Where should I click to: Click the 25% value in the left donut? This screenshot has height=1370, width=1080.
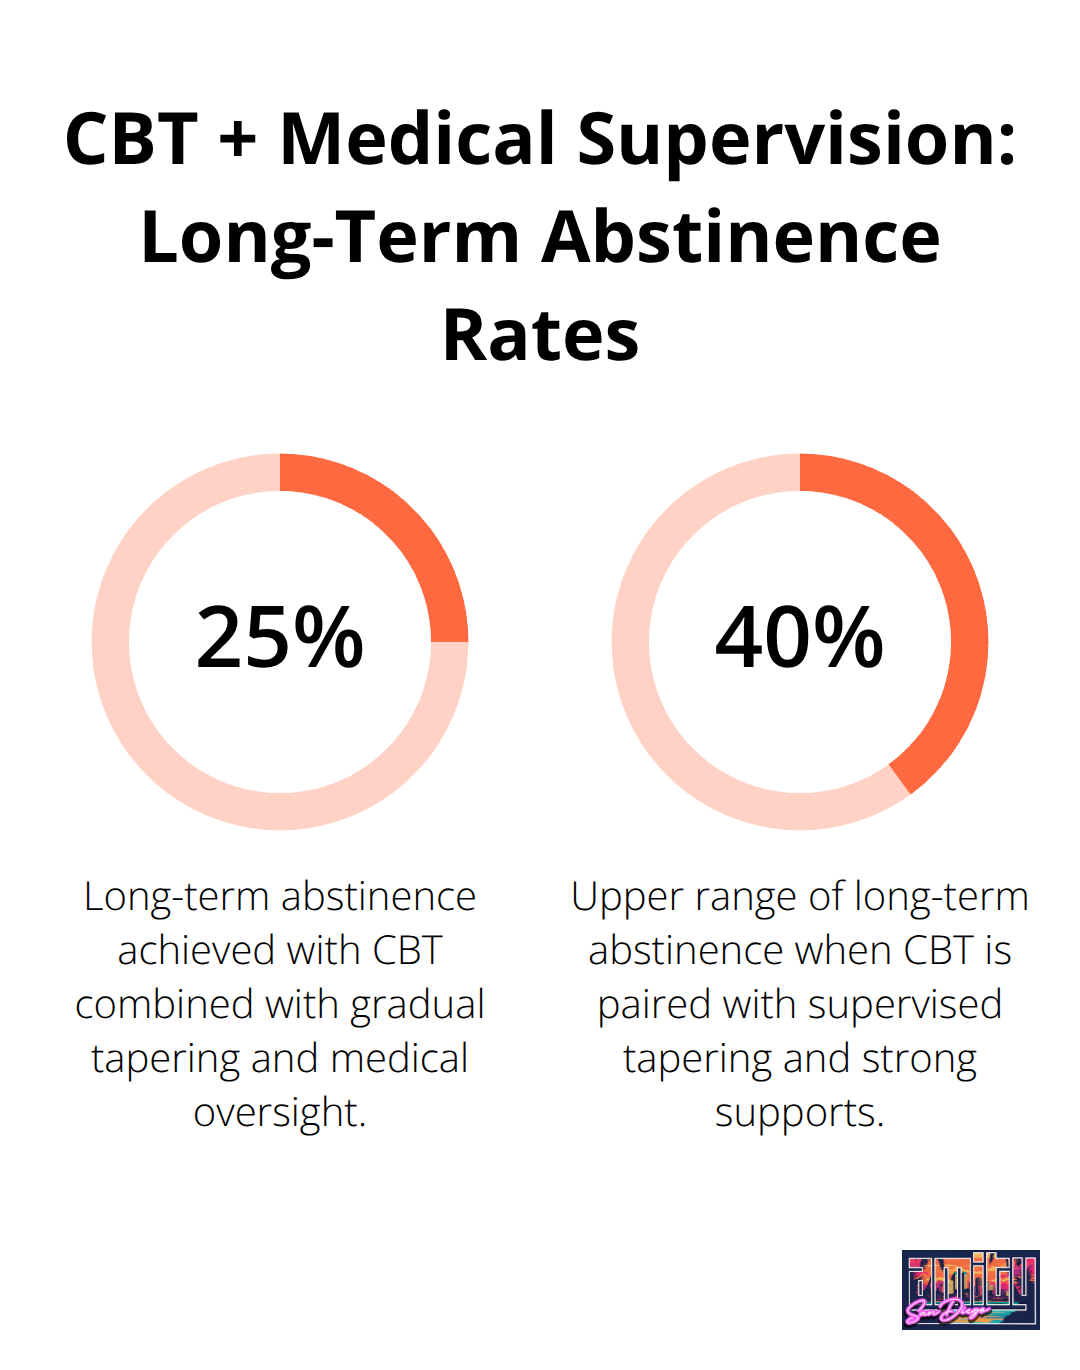click(x=280, y=638)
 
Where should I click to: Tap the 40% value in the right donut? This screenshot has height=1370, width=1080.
click(x=799, y=638)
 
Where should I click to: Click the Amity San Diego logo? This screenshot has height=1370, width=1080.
click(x=970, y=1289)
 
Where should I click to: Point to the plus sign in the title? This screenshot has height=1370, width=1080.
click(x=238, y=139)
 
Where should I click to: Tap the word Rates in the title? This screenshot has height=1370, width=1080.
click(x=540, y=336)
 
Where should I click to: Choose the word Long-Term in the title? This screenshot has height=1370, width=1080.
click(x=330, y=240)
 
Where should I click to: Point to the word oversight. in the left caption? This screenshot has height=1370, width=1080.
click(x=280, y=1113)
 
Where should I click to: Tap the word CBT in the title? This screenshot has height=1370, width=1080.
click(x=131, y=139)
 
